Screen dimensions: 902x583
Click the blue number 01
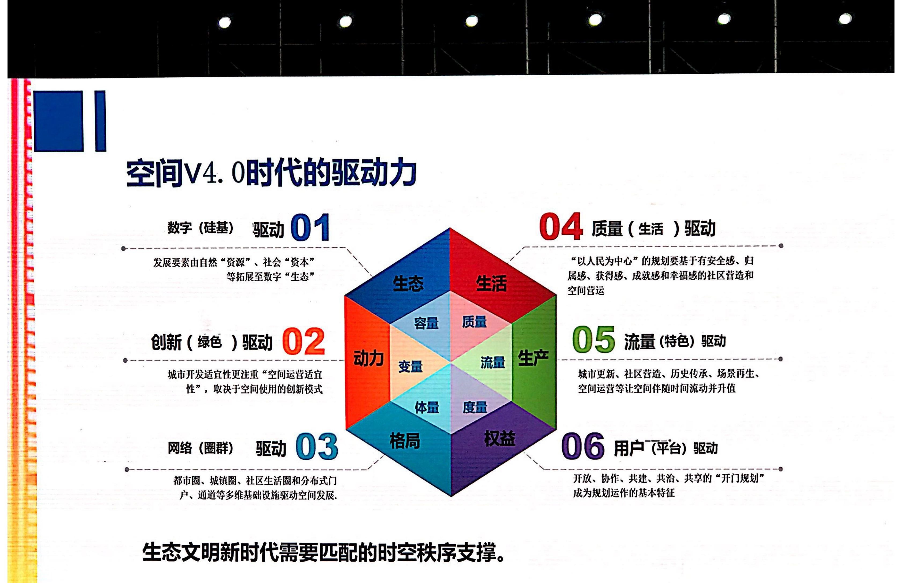click(x=310, y=227)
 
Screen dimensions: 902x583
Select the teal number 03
click(x=316, y=447)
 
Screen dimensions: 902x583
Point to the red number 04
click(x=561, y=226)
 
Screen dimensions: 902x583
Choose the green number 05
click(x=593, y=339)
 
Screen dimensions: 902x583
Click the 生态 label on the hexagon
click(x=408, y=283)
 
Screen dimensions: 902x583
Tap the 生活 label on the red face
click(x=491, y=283)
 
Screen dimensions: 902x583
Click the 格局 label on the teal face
click(x=405, y=441)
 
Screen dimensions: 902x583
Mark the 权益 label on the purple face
click(x=500, y=438)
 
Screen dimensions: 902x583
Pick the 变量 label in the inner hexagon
click(x=410, y=367)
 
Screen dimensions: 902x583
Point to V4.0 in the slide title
click(x=214, y=173)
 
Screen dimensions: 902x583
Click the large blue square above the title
click(x=59, y=121)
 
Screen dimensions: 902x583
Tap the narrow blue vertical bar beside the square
click(x=100, y=121)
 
